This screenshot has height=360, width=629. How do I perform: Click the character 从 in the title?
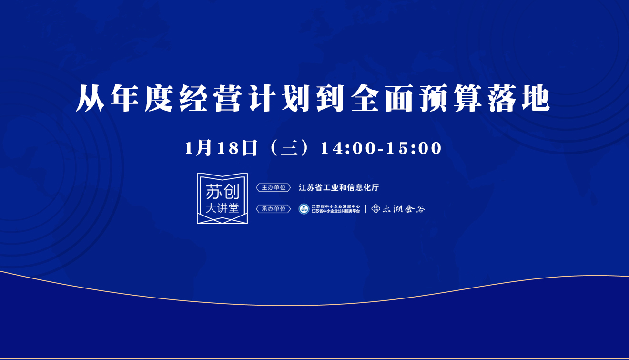pos(91,98)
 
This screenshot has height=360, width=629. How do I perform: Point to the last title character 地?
pos(536,98)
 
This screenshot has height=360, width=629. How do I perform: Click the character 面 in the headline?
pos(399,98)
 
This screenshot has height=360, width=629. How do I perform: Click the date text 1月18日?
pos(221,148)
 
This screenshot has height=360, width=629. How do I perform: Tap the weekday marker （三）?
pos(289,148)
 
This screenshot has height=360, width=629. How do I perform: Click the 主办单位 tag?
pos(274,187)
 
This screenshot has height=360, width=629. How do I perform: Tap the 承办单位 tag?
pos(274,209)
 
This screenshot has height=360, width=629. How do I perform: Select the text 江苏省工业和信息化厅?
pos(339,187)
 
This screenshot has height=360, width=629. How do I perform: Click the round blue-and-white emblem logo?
pos(304,209)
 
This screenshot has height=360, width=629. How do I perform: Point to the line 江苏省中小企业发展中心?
pos(335,206)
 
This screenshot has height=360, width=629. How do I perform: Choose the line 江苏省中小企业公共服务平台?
pos(335,211)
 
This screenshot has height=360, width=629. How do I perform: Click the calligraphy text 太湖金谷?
pos(404,209)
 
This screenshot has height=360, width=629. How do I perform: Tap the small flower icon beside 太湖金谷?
pos(375,209)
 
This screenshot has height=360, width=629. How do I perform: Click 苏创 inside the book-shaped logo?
pos(223,192)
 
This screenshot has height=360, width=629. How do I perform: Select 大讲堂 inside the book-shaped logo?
pos(223,208)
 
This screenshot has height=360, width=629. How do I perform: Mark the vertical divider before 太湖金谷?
pos(365,209)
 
